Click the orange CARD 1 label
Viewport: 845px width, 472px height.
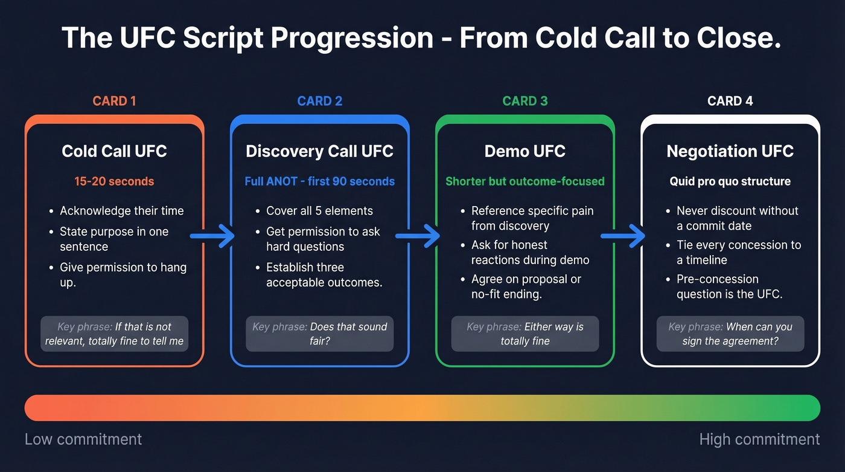tap(114, 101)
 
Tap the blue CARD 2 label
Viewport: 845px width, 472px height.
tap(319, 101)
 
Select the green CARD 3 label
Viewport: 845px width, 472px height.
tap(525, 101)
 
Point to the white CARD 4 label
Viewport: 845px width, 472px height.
tap(730, 101)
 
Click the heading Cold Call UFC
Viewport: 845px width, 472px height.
tap(114, 151)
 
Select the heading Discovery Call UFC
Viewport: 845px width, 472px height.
tap(319, 151)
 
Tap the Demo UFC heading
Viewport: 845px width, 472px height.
tap(525, 151)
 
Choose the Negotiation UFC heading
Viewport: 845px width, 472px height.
tap(730, 151)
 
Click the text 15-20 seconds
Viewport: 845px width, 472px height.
tap(114, 181)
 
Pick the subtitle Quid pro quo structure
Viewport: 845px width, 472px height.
tap(730, 181)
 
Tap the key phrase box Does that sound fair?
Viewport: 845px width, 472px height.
tap(319, 334)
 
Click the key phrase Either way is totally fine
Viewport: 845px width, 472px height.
tap(525, 334)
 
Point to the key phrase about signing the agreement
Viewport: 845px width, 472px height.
tap(730, 334)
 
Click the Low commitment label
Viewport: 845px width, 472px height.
tap(83, 439)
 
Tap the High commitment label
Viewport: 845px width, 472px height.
tap(759, 439)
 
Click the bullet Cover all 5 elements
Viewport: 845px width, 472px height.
tap(319, 211)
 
